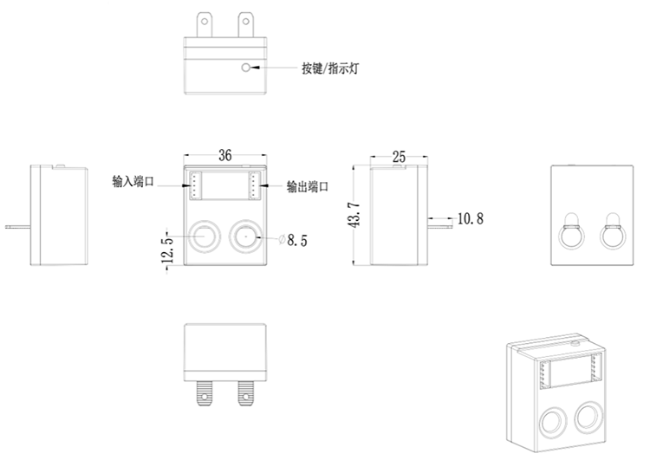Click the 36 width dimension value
coord(224,156)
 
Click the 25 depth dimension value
coord(399,157)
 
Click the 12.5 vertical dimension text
coord(168,249)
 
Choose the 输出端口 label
coord(308,186)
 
